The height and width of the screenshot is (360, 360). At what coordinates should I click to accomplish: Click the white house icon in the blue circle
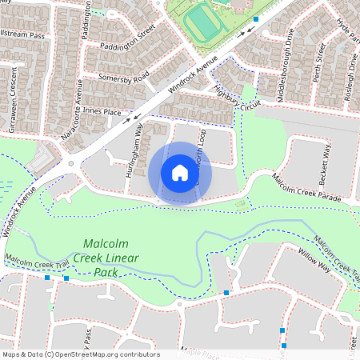[180, 173]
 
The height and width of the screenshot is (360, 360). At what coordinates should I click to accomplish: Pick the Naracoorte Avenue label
[73, 113]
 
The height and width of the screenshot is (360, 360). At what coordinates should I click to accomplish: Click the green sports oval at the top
[204, 22]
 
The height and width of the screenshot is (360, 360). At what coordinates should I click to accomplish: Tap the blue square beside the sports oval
[256, 18]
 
